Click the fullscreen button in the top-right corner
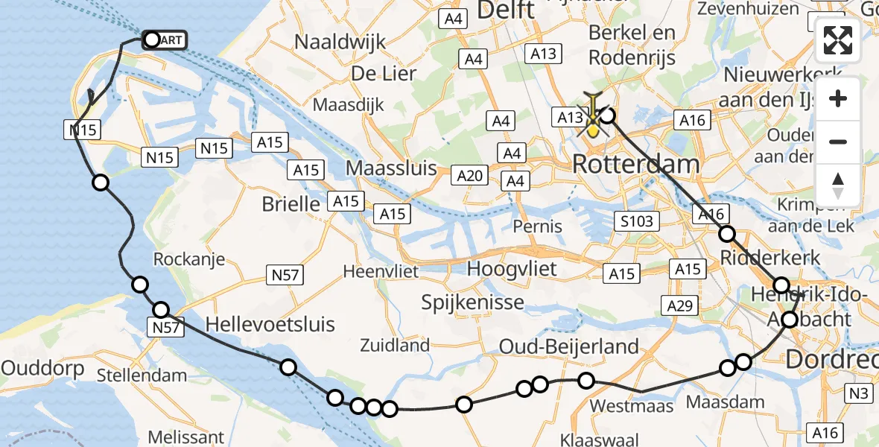838,40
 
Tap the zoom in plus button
838,98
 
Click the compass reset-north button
838,186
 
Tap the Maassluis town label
390,168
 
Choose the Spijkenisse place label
472,302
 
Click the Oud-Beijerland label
568,346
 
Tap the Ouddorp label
36,367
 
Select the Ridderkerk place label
771,258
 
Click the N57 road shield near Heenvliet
285,276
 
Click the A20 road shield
471,176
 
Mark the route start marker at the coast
152,39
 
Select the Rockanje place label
188,259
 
